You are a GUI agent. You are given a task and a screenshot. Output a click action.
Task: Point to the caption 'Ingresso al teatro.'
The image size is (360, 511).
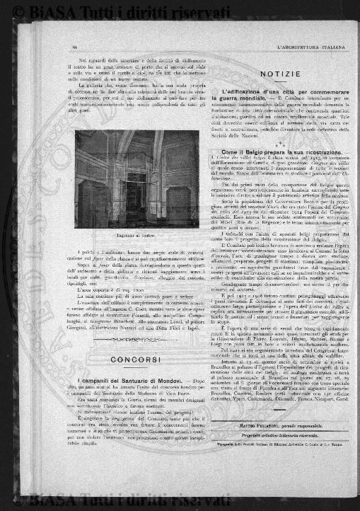click(x=132, y=234)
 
